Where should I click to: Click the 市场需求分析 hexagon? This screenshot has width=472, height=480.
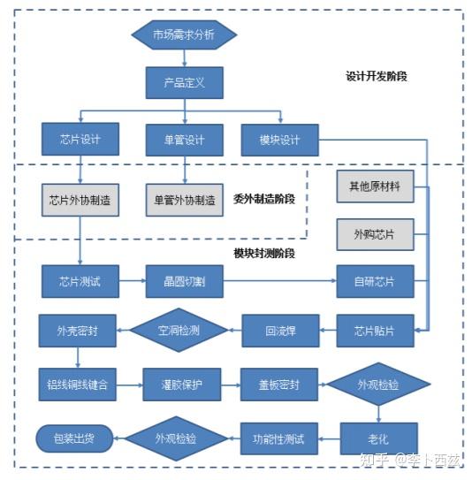(185, 35)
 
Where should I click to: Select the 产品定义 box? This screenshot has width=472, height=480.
(185, 82)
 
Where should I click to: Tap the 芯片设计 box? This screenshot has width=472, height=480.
(80, 140)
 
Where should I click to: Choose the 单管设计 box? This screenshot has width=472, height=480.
(184, 140)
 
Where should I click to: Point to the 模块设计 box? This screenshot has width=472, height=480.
(280, 140)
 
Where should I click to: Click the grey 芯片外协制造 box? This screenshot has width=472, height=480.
(80, 200)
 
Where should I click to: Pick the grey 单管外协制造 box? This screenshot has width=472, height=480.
(184, 200)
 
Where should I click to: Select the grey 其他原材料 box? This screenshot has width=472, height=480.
(375, 187)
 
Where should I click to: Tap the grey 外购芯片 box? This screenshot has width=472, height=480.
(375, 235)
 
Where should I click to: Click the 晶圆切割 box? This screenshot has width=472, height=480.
(184, 282)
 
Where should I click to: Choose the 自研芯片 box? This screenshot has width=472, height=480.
(375, 282)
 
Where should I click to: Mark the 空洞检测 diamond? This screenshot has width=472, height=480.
(179, 331)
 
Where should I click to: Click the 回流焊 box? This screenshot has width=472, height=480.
(280, 331)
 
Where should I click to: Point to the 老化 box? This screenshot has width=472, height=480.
(378, 438)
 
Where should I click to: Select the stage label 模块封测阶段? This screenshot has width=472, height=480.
(264, 254)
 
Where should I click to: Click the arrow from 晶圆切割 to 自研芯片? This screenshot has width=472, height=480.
(279, 282)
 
